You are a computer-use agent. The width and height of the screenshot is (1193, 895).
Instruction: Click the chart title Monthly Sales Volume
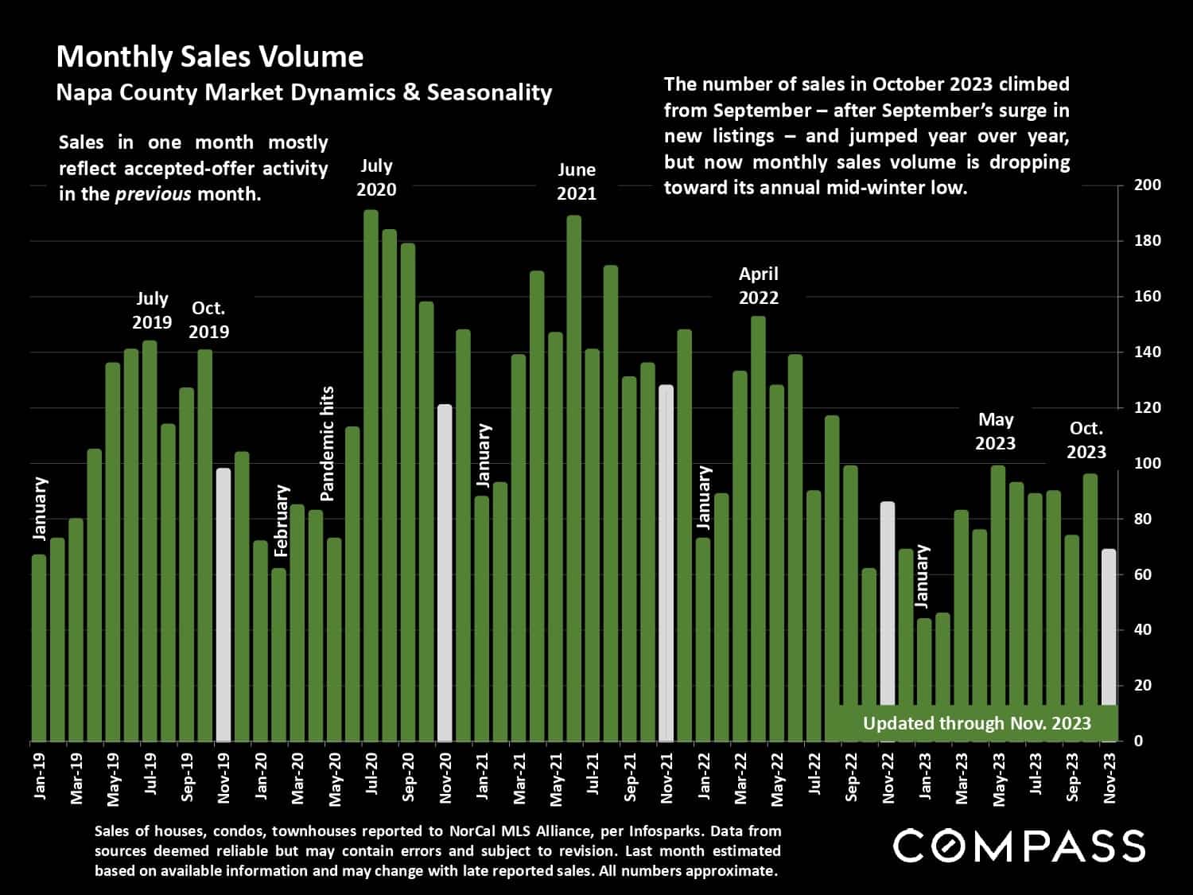[x=210, y=56]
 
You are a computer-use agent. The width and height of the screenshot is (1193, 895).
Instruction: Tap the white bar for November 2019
[x=223, y=605]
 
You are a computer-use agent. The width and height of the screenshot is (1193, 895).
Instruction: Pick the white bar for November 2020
[x=445, y=573]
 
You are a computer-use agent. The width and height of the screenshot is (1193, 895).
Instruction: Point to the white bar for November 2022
[x=888, y=621]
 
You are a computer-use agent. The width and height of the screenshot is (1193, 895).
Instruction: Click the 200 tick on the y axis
[x=1147, y=185]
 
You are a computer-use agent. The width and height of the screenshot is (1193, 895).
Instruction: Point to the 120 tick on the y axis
[x=1147, y=408]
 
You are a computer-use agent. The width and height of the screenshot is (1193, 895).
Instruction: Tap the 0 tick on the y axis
[x=1139, y=741]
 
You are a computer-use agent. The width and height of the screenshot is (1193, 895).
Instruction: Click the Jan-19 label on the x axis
[x=40, y=776]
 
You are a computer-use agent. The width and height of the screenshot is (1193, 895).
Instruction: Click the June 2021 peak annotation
[x=576, y=181]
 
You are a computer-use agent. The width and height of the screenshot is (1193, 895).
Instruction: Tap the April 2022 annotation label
[x=758, y=286]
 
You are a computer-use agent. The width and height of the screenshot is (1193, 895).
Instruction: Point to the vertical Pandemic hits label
[x=327, y=443]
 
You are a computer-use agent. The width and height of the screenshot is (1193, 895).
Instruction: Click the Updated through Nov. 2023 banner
[x=977, y=723]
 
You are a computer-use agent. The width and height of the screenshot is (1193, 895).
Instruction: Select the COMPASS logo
[x=1019, y=846]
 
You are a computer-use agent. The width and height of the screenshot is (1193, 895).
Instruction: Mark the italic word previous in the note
[x=153, y=194]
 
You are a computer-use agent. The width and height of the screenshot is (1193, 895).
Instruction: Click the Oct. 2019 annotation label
[x=208, y=320]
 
